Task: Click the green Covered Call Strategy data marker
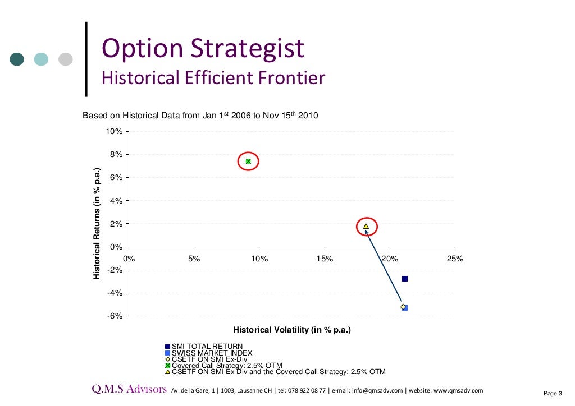tap(248, 162)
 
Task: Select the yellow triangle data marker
tap(366, 227)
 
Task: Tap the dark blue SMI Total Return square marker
tap(404, 279)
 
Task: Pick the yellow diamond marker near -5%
tap(403, 307)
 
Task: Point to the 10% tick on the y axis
tap(115, 131)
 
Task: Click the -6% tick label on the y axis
tap(115, 316)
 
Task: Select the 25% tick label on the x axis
tap(455, 259)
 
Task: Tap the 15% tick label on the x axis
tap(325, 259)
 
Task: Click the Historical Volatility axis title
tap(292, 330)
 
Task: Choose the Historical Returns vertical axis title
tap(97, 224)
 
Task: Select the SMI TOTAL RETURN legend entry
tap(207, 347)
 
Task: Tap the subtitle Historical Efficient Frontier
tap(213, 77)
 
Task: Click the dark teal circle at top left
tap(17, 59)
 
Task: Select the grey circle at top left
tap(66, 59)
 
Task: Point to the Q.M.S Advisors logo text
tap(129, 390)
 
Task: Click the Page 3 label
tap(553, 394)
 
